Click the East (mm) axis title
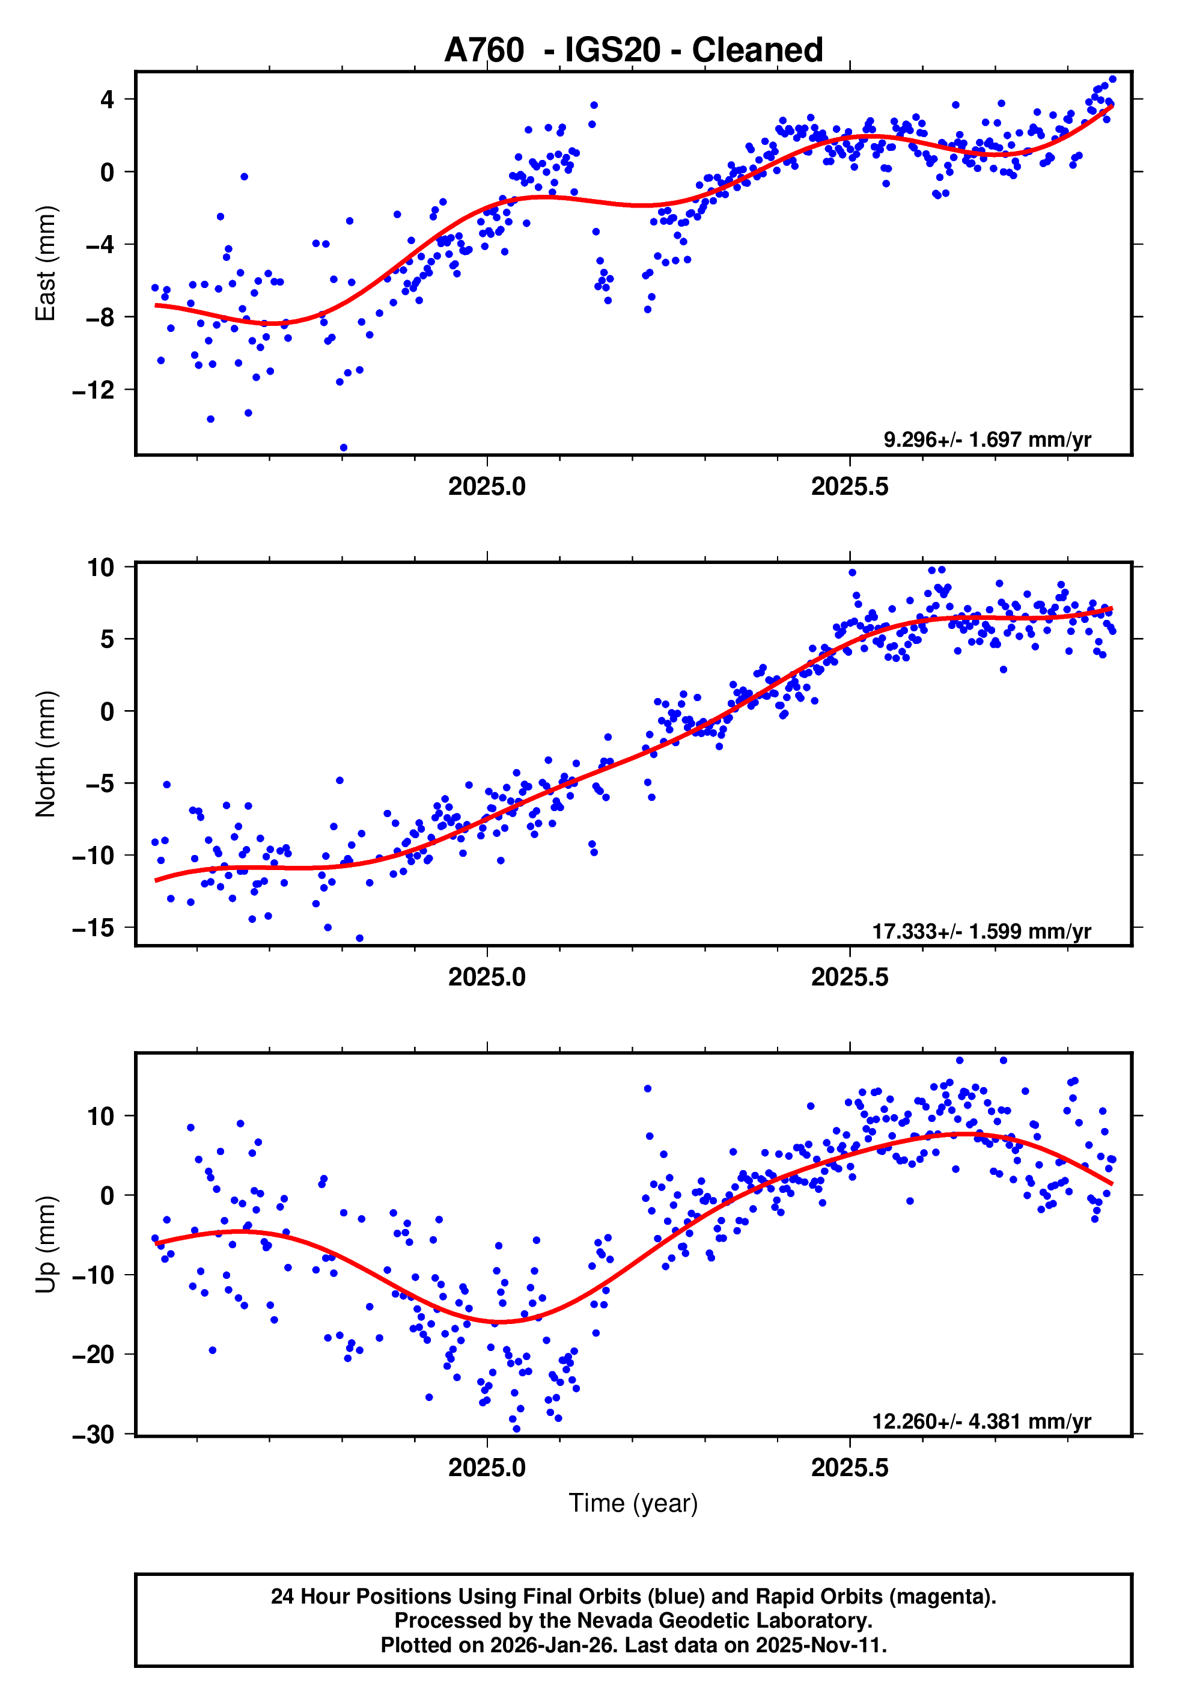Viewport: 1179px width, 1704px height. point(46,263)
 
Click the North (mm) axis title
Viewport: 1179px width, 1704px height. point(46,754)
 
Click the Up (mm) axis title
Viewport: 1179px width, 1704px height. point(46,1245)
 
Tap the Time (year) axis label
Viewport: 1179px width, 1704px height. point(633,1503)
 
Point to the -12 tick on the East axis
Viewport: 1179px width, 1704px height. point(94,390)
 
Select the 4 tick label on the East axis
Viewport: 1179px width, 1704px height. point(108,99)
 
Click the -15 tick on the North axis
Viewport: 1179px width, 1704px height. point(94,927)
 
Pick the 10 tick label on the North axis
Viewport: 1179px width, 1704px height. point(101,568)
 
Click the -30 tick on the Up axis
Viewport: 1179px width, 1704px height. point(94,1434)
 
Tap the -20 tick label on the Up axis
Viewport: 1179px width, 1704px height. point(94,1355)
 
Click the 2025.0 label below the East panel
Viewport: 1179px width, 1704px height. point(487,486)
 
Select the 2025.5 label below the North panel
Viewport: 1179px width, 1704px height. point(850,977)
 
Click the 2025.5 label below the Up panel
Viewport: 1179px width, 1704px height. point(850,1468)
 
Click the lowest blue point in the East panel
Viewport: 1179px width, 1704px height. point(344,448)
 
